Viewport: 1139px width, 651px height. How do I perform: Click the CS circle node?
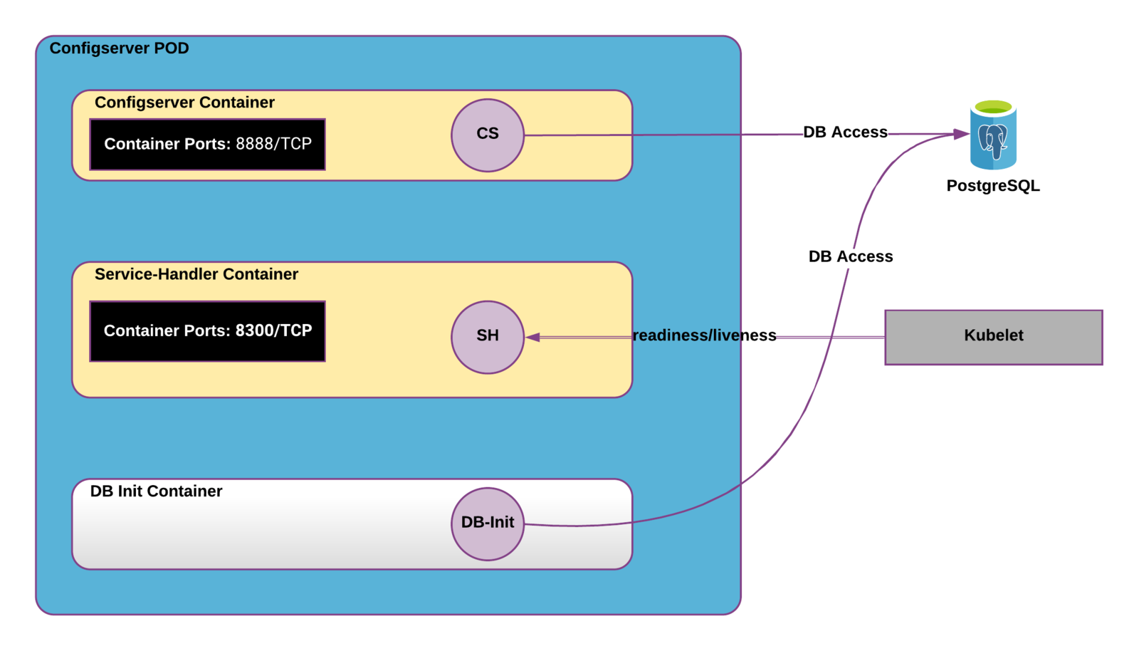click(x=488, y=135)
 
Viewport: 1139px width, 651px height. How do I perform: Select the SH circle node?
click(x=488, y=337)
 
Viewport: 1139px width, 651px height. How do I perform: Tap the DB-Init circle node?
click(x=488, y=524)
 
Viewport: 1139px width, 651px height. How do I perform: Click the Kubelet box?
click(x=994, y=337)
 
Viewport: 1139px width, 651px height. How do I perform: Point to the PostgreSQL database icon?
click(x=993, y=135)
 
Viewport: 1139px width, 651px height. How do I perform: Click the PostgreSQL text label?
click(x=993, y=186)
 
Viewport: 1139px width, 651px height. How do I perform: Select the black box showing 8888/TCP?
click(x=207, y=145)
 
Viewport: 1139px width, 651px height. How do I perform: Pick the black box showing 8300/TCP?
click(x=207, y=331)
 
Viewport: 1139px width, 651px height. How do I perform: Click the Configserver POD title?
click(x=119, y=48)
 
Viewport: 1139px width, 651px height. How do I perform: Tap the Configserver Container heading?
click(x=184, y=103)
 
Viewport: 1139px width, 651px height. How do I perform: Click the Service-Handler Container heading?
click(x=196, y=274)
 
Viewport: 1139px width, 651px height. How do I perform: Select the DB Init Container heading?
click(x=156, y=491)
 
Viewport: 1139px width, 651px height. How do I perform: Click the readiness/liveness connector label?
click(x=704, y=335)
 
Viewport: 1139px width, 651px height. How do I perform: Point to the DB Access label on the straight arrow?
click(x=845, y=132)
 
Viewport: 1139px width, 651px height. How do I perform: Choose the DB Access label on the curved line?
click(x=851, y=256)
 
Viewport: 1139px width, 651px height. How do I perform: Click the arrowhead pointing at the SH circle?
click(x=532, y=337)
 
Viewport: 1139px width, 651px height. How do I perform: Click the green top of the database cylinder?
click(x=993, y=107)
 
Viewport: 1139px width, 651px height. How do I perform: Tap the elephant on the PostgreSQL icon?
click(x=993, y=140)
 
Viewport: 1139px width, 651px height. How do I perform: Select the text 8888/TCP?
click(x=273, y=144)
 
